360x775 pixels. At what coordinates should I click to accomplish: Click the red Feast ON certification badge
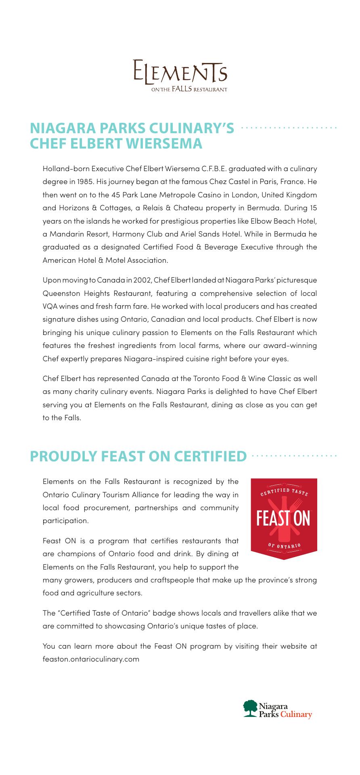click(284, 518)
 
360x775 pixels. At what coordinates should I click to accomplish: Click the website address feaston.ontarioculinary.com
click(91, 659)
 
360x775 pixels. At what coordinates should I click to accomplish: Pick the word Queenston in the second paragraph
click(58, 293)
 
